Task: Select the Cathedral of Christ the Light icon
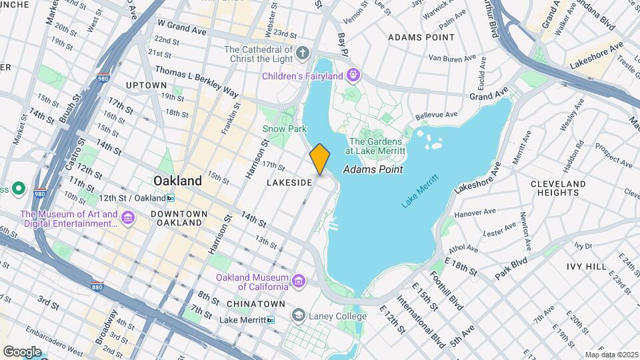point(303,53)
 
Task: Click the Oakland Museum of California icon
point(299,281)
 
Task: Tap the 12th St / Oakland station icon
point(171,198)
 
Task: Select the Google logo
point(22,351)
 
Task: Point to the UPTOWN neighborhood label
point(146,85)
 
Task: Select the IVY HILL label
point(587,267)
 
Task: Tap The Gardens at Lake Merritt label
point(376,146)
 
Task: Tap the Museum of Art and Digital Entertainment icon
point(128,219)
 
